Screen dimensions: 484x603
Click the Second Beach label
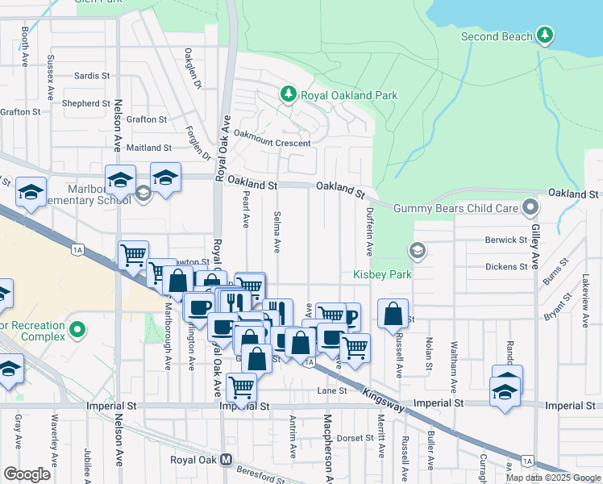coord(497,36)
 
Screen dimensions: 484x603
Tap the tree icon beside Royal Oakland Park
coord(289,95)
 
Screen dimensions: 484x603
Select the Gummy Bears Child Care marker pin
coord(530,208)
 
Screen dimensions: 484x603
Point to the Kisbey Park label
coord(382,274)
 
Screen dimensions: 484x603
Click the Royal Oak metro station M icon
coord(227,460)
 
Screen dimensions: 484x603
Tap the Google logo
coord(27,474)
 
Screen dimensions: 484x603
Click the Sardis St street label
coord(91,76)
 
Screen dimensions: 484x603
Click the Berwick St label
coord(505,240)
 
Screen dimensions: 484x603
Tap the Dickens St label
coord(505,266)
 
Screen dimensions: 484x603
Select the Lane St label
coord(331,390)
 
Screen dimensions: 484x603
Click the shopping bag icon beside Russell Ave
coord(393,314)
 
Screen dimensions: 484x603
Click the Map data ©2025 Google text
coord(552,477)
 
